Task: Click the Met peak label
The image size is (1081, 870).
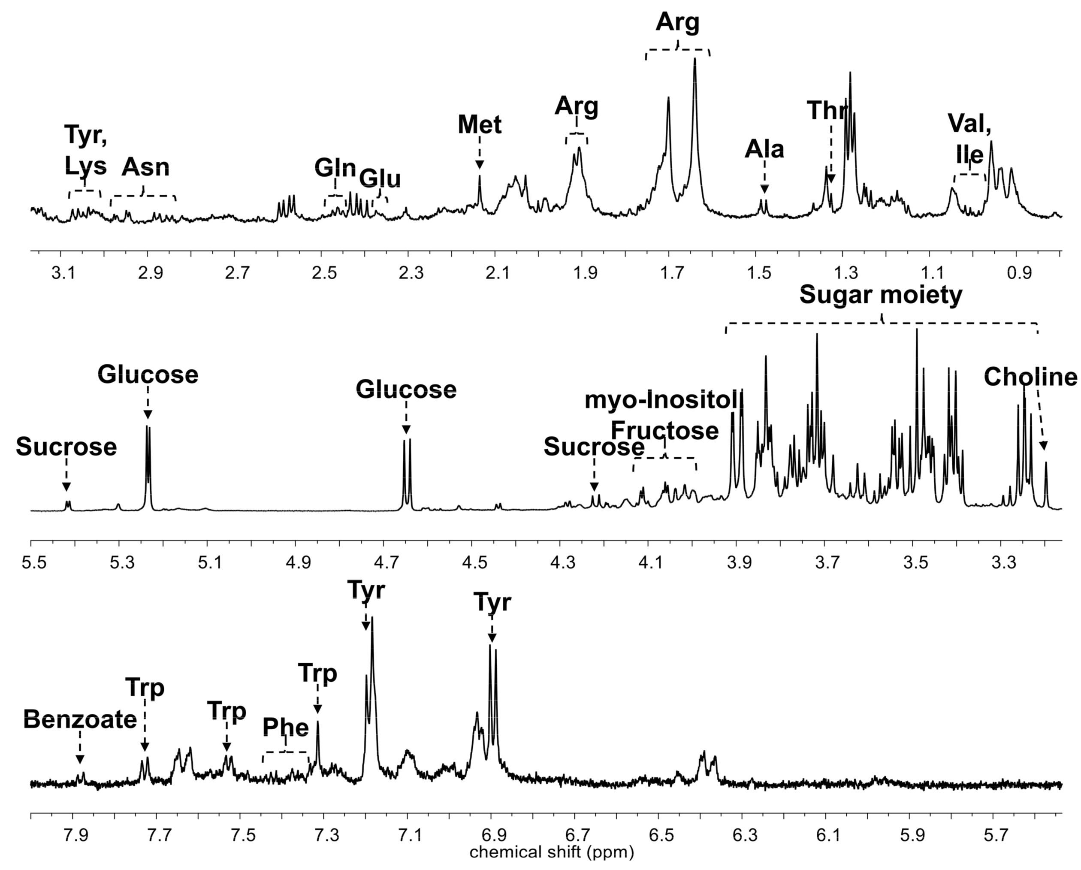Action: (479, 125)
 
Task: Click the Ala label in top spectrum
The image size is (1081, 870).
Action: (764, 149)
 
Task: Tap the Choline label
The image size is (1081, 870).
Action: (1030, 378)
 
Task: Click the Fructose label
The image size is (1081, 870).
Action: (664, 431)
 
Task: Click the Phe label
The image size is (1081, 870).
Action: (286, 728)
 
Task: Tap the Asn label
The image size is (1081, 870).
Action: (145, 167)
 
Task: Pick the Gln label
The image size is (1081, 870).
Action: (335, 169)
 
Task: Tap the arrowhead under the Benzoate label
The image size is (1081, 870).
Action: (80, 760)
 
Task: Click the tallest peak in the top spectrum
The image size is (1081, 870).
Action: (695, 59)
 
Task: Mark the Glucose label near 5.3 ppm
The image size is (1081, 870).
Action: (148, 375)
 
